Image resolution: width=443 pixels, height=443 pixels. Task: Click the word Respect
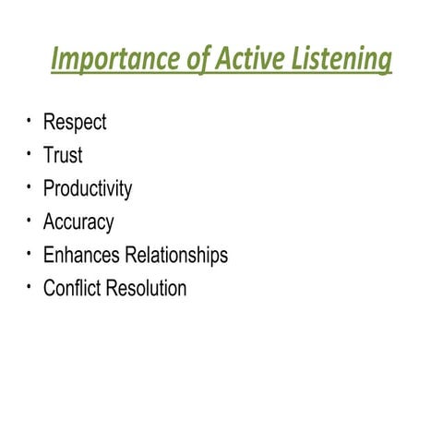point(75,123)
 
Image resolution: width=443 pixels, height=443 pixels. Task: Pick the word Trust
point(63,156)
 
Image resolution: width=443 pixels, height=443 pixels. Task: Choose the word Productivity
point(88,189)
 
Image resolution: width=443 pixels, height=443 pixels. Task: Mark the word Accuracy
point(78,222)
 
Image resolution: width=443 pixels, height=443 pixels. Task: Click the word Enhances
point(80,255)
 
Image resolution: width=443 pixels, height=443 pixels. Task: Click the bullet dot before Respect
point(30,119)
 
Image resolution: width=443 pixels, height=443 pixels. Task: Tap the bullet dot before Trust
point(30,152)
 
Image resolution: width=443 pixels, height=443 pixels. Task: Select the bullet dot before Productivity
point(30,186)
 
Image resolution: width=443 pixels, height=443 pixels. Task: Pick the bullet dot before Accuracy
point(30,219)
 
